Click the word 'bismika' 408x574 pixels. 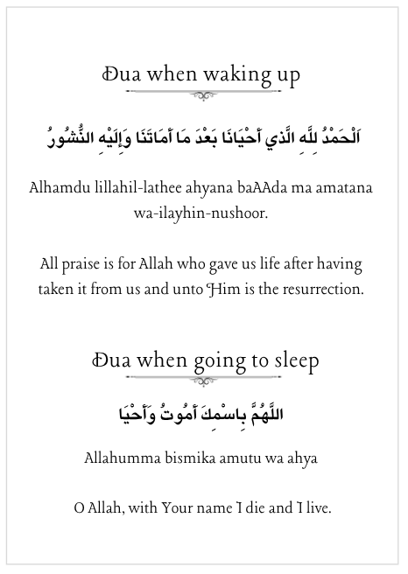[x=187, y=457]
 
